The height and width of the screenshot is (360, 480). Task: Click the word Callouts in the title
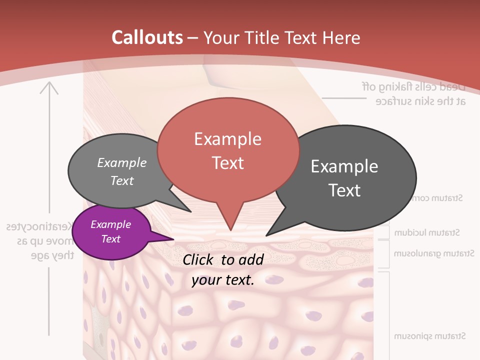pyautogui.click(x=147, y=37)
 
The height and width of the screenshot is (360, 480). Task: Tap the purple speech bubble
pyautogui.click(x=111, y=232)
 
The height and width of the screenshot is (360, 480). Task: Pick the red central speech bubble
pyautogui.click(x=228, y=150)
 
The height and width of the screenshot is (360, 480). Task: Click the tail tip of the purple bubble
pyautogui.click(x=173, y=239)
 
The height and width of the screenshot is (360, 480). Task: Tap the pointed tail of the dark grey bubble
pyautogui.click(x=267, y=235)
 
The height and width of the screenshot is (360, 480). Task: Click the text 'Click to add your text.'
pyautogui.click(x=223, y=270)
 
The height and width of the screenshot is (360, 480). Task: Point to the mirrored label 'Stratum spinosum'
pyautogui.click(x=430, y=336)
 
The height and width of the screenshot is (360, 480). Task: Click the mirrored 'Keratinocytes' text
pyautogui.click(x=40, y=227)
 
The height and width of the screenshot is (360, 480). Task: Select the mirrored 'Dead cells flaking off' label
pyautogui.click(x=414, y=86)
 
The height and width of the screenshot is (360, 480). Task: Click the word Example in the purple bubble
pyautogui.click(x=111, y=224)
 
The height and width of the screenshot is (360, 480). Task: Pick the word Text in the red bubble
pyautogui.click(x=228, y=163)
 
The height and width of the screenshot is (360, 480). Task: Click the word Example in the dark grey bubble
pyautogui.click(x=344, y=166)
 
